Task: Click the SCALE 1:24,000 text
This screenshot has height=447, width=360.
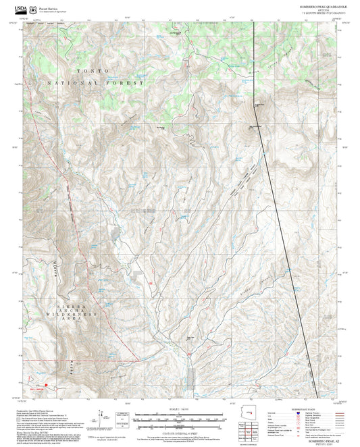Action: point(179,409)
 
